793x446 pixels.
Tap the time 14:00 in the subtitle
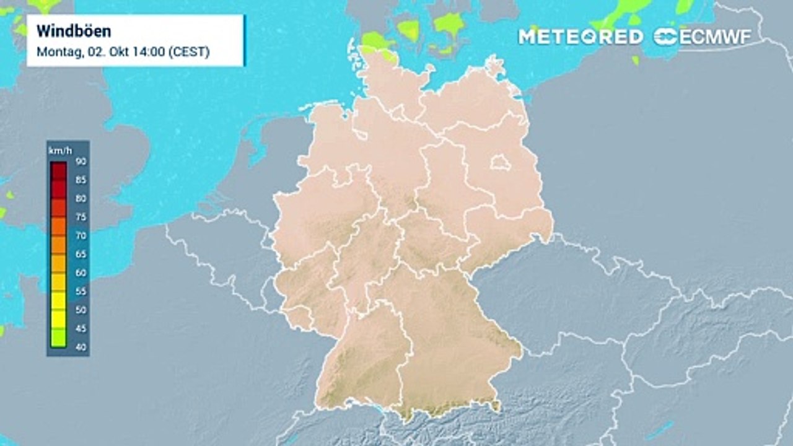pyautogui.click(x=151, y=52)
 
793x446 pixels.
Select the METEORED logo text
pyautogui.click(x=581, y=37)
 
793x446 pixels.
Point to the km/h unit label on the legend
pyautogui.click(x=57, y=150)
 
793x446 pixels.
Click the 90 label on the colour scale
pyautogui.click(x=81, y=161)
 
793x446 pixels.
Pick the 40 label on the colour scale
pyautogui.click(x=81, y=347)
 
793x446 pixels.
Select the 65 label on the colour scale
pyautogui.click(x=81, y=254)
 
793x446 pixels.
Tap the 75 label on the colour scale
pyautogui.click(x=81, y=217)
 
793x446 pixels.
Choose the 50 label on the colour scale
pyautogui.click(x=81, y=310)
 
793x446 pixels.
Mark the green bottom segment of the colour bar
pyautogui.click(x=58, y=338)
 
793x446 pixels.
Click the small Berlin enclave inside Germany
pyautogui.click(x=500, y=164)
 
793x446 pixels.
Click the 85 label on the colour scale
pyautogui.click(x=81, y=180)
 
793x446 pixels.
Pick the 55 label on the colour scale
pyautogui.click(x=81, y=291)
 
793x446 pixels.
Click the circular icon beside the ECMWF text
pyautogui.click(x=665, y=37)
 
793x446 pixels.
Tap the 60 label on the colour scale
pyautogui.click(x=81, y=273)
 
